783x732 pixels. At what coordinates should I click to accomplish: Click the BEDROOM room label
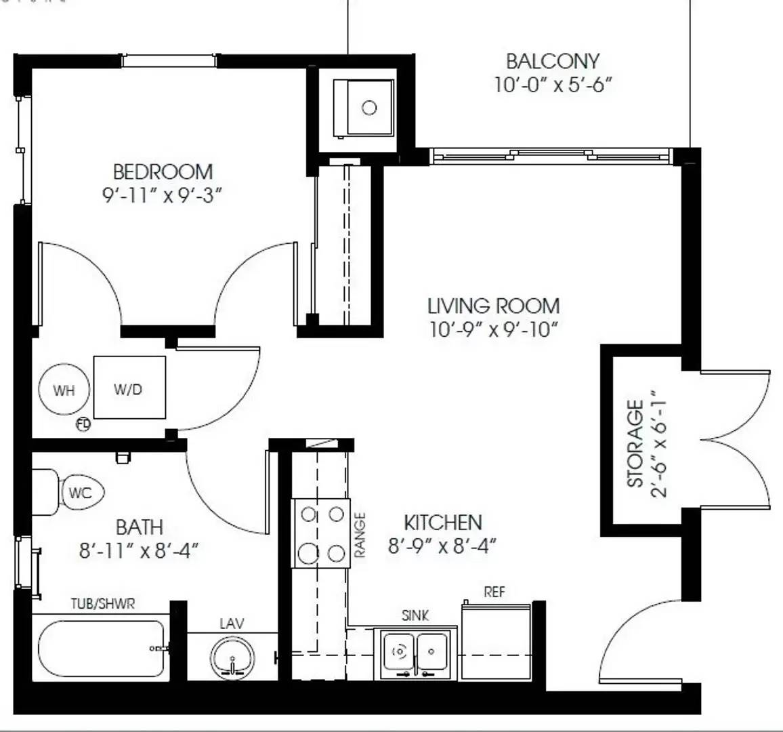coord(163,171)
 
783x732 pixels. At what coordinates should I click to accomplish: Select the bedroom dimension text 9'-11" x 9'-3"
coord(163,195)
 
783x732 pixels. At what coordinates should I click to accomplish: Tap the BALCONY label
coord(553,61)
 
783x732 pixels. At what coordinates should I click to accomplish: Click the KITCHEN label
coord(443,523)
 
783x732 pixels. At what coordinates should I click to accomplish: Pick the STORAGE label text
coord(635,444)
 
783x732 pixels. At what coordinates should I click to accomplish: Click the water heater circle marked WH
coord(64,390)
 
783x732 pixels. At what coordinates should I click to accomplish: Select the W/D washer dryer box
coord(129,388)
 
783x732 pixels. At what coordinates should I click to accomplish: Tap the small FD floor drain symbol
coord(83,424)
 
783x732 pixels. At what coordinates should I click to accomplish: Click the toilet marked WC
coord(80,493)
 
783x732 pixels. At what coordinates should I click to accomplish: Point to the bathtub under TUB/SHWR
coord(102,649)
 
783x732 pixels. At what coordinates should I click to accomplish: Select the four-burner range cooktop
coord(322,533)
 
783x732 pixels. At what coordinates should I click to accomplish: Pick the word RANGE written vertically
coord(360,534)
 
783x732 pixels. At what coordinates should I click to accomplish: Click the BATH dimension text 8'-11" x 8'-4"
coord(139,550)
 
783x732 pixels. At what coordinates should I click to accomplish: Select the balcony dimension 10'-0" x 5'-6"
coord(553,86)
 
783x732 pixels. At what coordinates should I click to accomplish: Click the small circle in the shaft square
coord(369,108)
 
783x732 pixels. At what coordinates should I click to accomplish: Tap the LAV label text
coord(232,623)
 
